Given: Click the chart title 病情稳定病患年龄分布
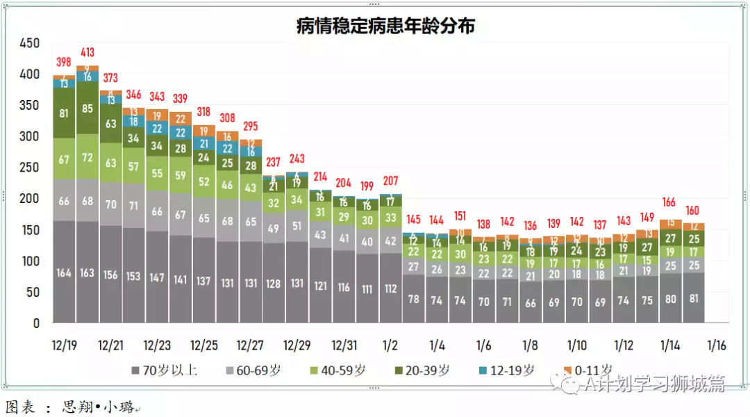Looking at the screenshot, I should pos(385,26).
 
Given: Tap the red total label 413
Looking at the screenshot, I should pos(87,52).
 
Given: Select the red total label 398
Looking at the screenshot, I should pos(64,63).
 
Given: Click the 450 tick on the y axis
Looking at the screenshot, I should pos(30,43).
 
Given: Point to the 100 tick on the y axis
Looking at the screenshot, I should pos(30,261).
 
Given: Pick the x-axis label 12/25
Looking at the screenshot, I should pos(203,345).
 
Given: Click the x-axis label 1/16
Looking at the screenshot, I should pos(717,345).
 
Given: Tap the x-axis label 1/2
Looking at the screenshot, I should pos(390,345).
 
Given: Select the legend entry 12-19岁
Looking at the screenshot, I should pos(510,370).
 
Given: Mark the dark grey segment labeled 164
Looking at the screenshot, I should pos(64,272).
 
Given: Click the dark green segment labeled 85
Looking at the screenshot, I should pos(87,108).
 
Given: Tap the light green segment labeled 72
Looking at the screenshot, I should pos(87,157).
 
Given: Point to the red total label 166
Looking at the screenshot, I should pos(670,202).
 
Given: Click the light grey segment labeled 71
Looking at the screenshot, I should pos(134,206).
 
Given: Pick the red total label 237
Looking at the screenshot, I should pos(274,162).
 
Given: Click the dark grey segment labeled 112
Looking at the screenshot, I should pos(390,288).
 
